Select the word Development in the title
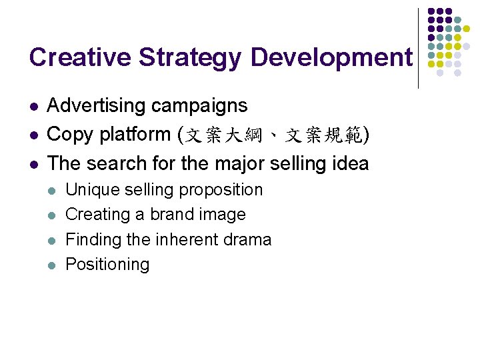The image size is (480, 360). click(331, 59)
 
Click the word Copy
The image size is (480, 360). click(71, 135)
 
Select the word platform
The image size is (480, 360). click(135, 135)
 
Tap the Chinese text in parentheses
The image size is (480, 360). click(273, 136)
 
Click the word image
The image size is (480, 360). click(226, 215)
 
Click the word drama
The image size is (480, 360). click(247, 239)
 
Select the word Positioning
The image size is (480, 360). click(107, 265)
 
